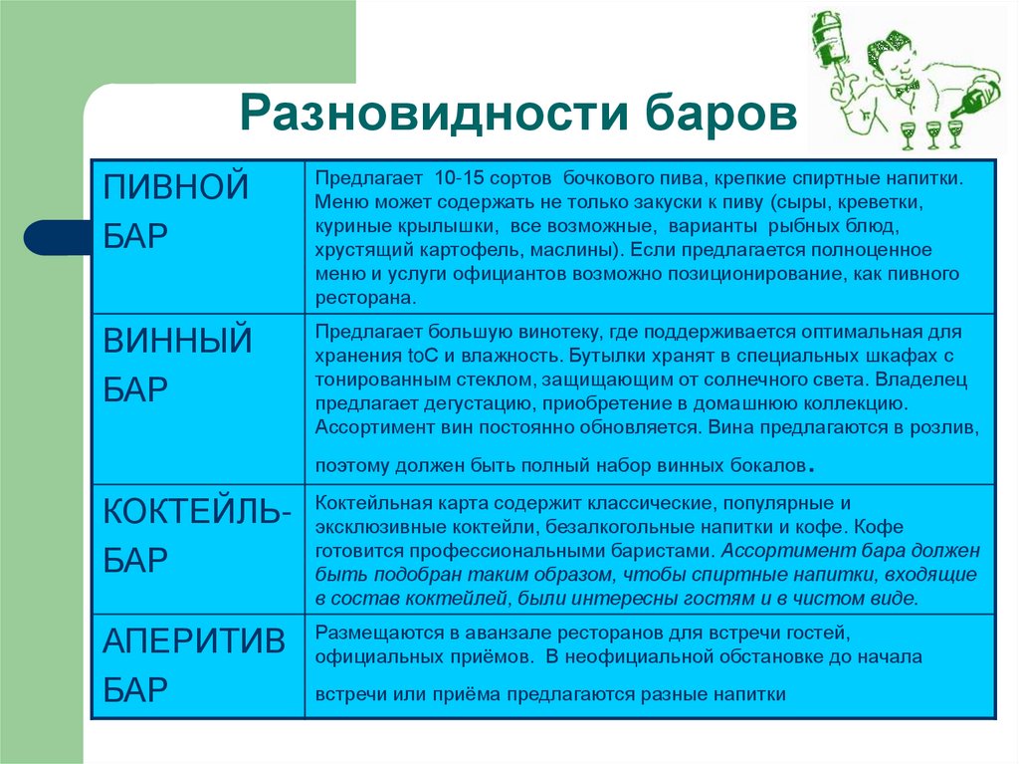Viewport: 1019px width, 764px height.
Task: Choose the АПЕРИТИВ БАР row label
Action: click(195, 665)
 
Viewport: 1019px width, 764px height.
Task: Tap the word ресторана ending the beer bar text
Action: click(364, 297)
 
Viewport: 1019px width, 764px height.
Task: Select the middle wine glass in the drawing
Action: click(932, 131)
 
